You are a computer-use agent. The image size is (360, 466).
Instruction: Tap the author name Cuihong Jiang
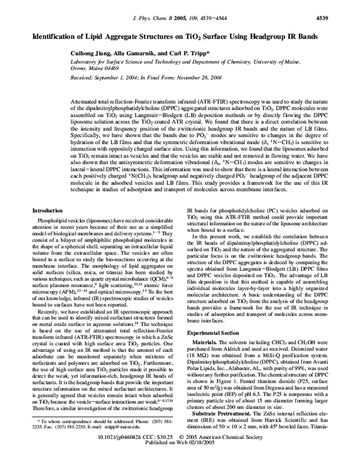tap(90, 53)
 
